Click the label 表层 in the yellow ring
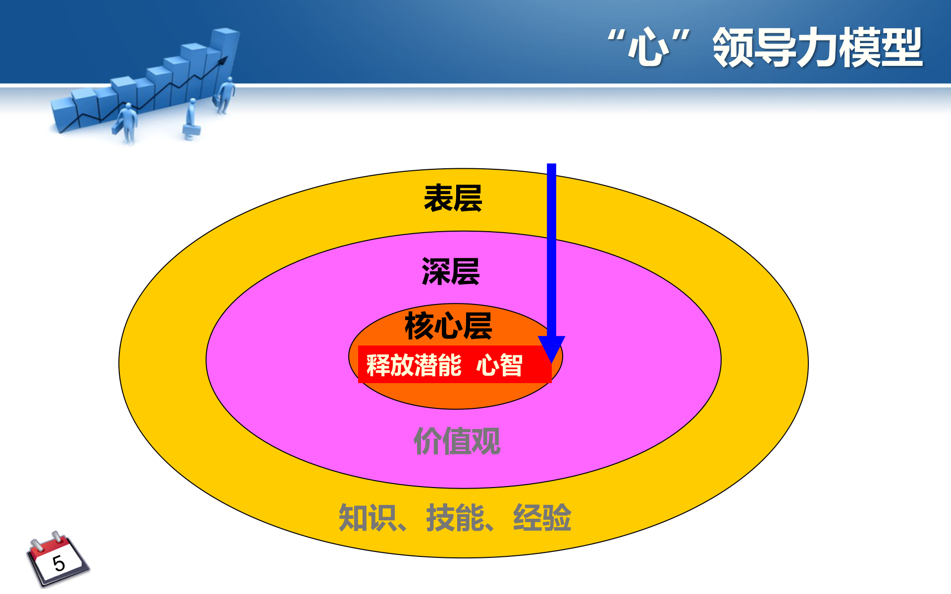[x=453, y=198]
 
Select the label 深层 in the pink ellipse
[x=450, y=271]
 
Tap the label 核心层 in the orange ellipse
[x=448, y=326]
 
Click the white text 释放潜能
[x=414, y=365]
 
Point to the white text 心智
[x=499, y=365]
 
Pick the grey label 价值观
[x=457, y=441]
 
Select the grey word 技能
[x=455, y=518]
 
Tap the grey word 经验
[x=542, y=518]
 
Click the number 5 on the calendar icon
[x=59, y=563]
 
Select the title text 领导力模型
[x=817, y=48]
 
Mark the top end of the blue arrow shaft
[x=551, y=166]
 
